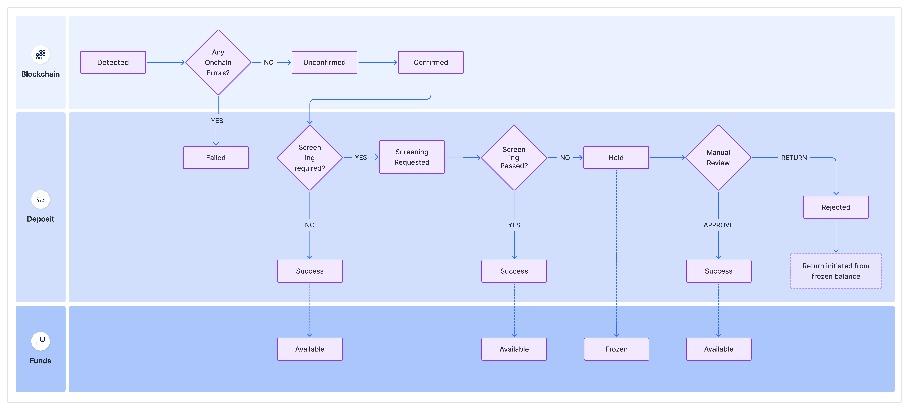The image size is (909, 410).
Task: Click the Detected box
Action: point(113,62)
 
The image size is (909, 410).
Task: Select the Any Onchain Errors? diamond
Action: point(218,62)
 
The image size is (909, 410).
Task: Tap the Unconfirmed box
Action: point(324,62)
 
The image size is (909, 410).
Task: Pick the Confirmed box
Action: point(431,62)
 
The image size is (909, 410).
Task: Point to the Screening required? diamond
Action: point(310,158)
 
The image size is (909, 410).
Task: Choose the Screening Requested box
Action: point(412,157)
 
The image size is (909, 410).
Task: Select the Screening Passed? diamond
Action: point(514,158)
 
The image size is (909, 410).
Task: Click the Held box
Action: point(616,158)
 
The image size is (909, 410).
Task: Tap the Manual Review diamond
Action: point(718,158)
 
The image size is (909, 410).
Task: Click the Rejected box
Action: point(836,207)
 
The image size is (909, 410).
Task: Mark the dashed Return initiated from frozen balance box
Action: point(836,271)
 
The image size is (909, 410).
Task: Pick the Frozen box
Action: point(616,349)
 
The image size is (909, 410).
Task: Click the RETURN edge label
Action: point(794,158)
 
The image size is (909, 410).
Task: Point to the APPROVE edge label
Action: point(718,225)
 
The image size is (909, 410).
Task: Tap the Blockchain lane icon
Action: point(41,55)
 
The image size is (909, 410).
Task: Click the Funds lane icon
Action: point(41,341)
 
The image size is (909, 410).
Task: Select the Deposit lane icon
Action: point(41,199)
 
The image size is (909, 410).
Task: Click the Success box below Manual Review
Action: point(718,271)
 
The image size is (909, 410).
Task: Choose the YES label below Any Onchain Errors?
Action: point(217,121)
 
